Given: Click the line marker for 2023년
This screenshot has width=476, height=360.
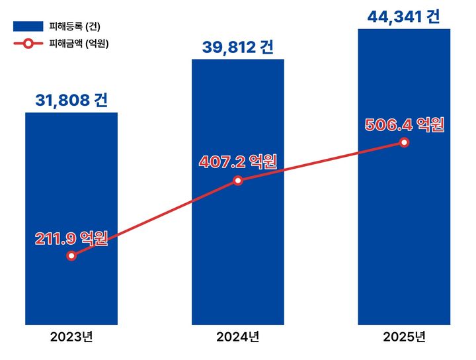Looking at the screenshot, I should tap(71, 256).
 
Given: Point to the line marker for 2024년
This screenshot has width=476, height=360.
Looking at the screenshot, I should tap(238, 180).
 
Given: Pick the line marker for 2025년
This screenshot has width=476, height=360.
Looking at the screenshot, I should tap(404, 143).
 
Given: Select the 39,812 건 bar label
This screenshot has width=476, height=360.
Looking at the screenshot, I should tap(238, 47).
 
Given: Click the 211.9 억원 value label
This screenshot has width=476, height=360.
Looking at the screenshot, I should tap(71, 239).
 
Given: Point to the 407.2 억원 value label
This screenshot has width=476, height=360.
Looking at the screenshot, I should tap(238, 161).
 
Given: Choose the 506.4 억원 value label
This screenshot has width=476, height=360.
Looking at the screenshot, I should tap(404, 124).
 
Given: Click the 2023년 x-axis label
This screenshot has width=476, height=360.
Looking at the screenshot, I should tap(71, 337).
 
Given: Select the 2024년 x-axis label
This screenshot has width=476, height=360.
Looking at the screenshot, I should tap(238, 337).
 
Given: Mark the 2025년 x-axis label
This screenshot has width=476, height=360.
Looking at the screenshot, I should tap(404, 337).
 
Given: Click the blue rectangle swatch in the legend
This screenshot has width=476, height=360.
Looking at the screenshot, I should tap(28, 26).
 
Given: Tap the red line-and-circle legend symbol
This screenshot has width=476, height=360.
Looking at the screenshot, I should tap(28, 44).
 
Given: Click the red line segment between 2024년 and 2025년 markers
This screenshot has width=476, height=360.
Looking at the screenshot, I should tap(321, 161).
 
